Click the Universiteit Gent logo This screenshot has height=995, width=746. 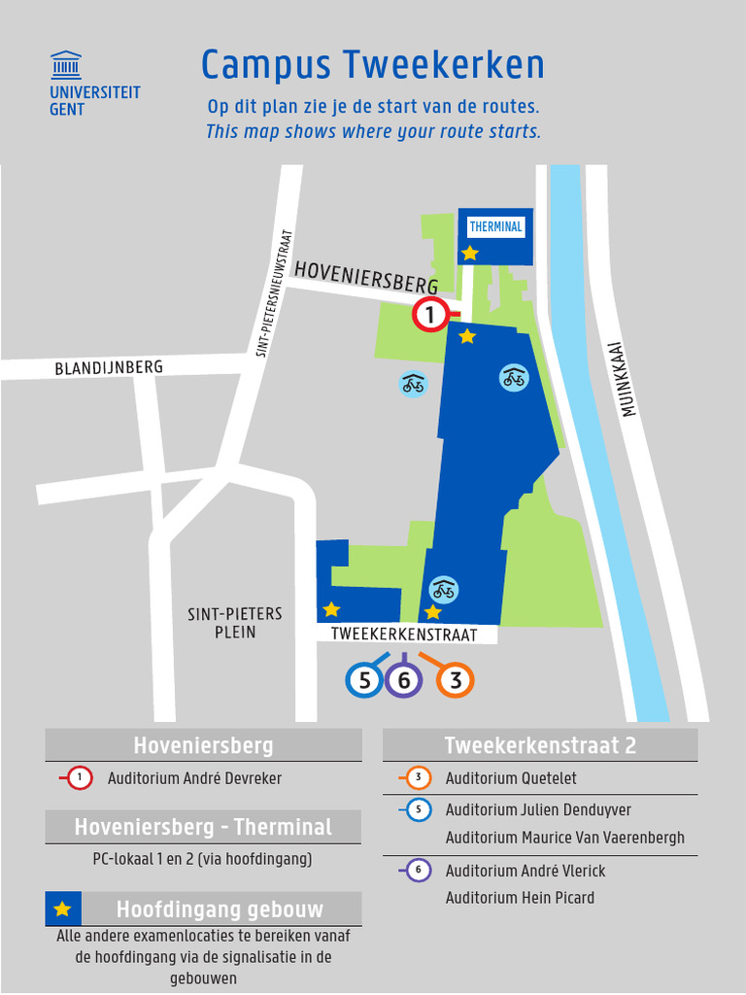(x=93, y=84)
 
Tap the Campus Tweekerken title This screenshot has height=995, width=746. (x=372, y=65)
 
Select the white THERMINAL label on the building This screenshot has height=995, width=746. (x=495, y=227)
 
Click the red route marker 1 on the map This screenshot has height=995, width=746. (x=429, y=315)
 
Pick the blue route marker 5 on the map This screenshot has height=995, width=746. (x=364, y=680)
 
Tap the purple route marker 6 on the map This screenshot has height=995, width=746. (x=403, y=680)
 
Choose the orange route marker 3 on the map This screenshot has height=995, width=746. (x=455, y=680)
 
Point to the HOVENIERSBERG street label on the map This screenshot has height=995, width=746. (x=366, y=276)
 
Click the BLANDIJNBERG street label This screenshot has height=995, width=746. (x=109, y=367)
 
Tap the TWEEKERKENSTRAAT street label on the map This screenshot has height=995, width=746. (x=404, y=635)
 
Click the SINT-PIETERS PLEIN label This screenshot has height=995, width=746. (x=235, y=623)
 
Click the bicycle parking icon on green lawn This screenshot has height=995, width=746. (x=413, y=384)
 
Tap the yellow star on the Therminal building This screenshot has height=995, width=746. (x=470, y=253)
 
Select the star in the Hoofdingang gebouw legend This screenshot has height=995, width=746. (x=63, y=909)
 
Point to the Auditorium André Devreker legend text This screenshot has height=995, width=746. (x=194, y=778)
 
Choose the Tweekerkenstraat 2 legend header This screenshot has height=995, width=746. (x=540, y=745)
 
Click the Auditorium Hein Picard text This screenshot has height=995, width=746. (x=520, y=898)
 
